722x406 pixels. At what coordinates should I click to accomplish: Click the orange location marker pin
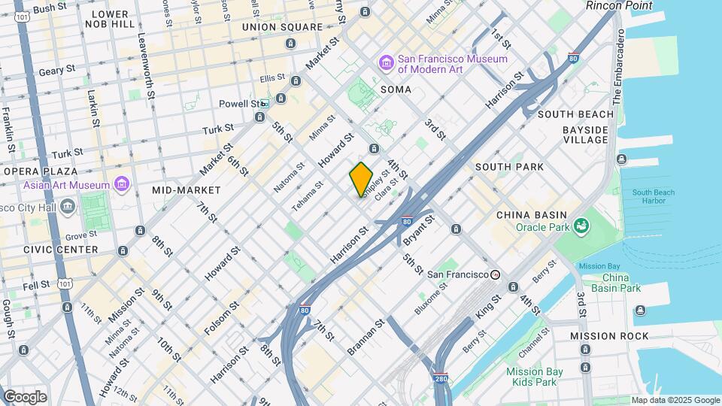361,179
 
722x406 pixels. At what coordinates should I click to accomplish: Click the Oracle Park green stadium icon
581,225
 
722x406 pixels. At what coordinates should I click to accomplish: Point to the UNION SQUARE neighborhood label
282,27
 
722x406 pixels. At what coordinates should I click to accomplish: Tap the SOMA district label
396,89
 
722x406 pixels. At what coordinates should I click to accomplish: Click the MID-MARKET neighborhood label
187,190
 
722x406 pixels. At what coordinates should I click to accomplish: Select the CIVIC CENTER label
61,250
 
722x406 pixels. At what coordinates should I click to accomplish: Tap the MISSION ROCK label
608,335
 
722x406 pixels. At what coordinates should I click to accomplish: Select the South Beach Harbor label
654,197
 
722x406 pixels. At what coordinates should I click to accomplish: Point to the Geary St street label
57,69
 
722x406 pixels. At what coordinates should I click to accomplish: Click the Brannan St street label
366,337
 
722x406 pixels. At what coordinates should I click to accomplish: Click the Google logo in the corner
24,397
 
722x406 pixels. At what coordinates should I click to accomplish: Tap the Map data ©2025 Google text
675,400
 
